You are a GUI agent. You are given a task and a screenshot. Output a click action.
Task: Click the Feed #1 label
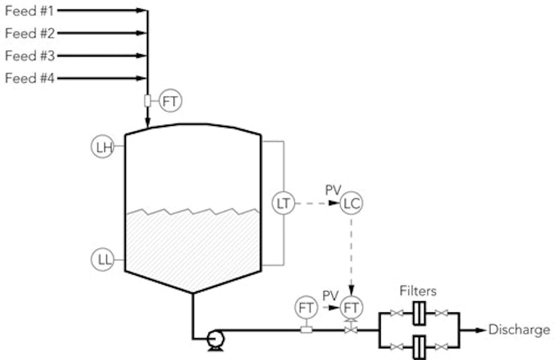29,10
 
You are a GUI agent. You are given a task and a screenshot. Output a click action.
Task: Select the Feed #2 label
29,33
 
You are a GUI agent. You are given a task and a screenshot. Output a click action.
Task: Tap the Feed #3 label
29,56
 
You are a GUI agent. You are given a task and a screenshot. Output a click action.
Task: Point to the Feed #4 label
29,78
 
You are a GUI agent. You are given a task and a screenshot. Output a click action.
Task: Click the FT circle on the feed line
171,101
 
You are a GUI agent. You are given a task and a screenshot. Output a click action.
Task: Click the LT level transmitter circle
284,204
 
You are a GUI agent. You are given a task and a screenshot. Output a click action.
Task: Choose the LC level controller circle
351,204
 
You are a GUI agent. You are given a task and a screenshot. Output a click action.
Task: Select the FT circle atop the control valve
352,307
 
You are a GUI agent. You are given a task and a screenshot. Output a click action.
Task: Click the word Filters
418,290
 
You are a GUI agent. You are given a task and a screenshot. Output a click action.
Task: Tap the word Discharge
520,330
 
